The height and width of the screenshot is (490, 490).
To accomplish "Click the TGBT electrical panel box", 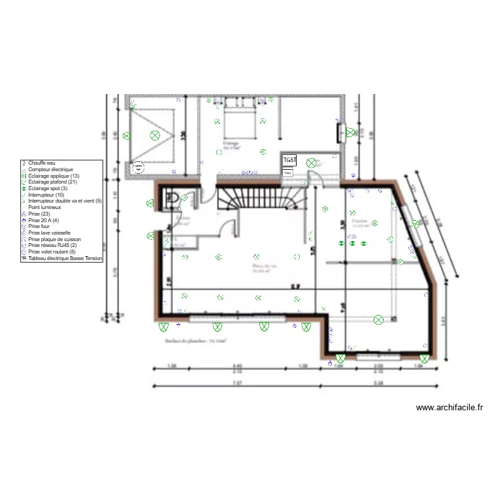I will tap(289, 160).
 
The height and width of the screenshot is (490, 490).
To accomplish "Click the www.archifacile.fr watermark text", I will tap(449, 408).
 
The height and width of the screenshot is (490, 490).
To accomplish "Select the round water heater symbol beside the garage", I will tap(138, 167).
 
